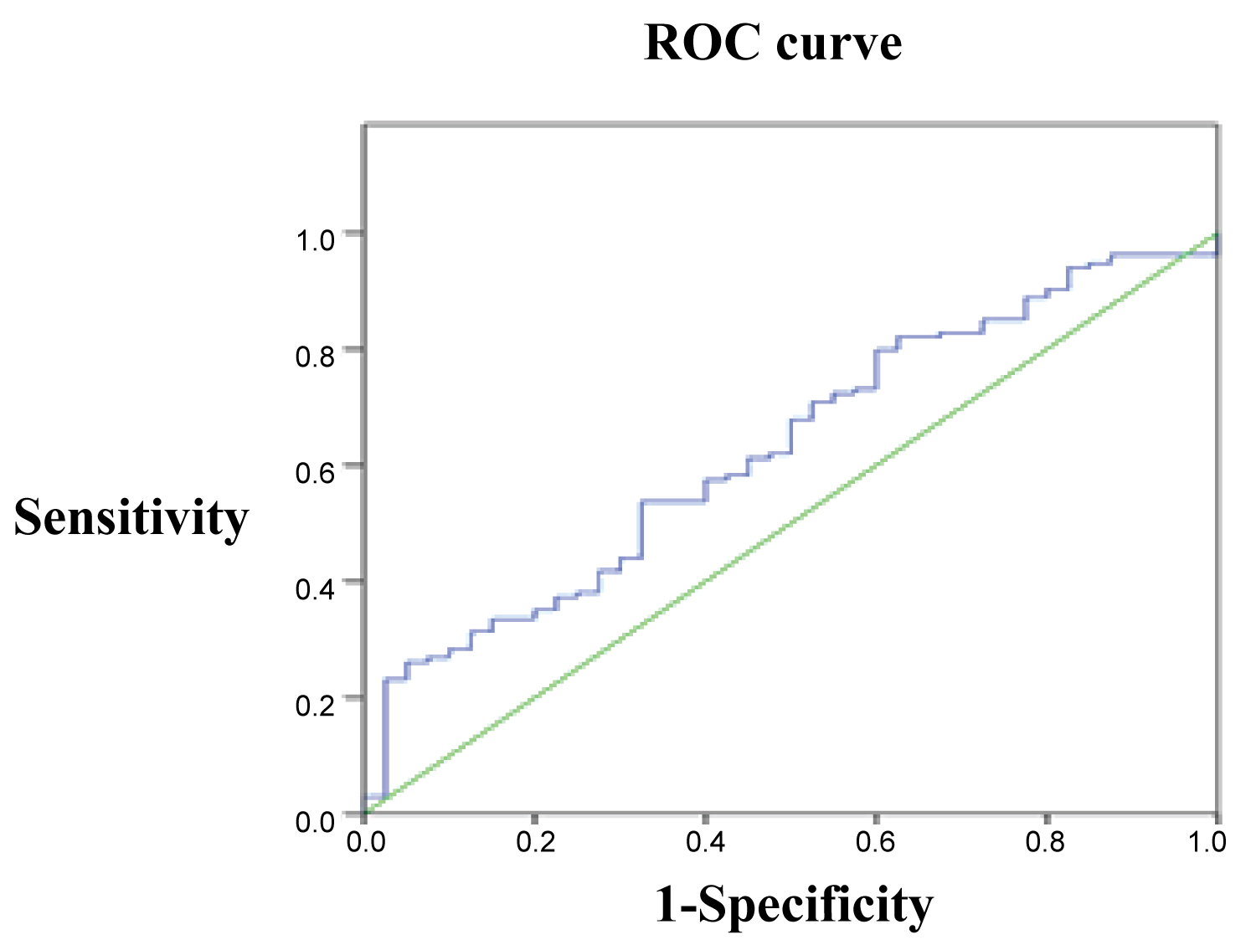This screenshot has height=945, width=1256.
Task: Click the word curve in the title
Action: coord(838,43)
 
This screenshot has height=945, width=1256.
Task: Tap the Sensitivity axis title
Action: coord(131,517)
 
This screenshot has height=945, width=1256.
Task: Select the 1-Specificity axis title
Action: coord(793,905)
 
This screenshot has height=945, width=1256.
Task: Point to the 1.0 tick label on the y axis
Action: coord(315,241)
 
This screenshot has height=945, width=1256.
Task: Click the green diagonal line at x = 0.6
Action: coord(877,465)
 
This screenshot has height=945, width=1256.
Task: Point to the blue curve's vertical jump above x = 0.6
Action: coord(877,368)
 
